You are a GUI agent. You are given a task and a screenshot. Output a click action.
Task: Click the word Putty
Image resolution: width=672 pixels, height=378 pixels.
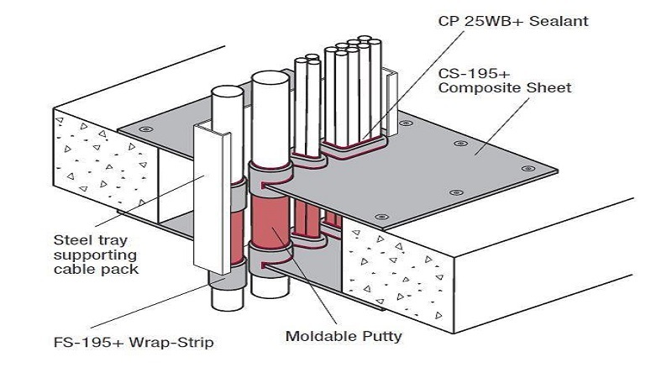tap(381, 337)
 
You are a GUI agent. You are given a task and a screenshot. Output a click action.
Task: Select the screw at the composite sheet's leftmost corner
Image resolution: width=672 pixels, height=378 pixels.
tap(148, 129)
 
